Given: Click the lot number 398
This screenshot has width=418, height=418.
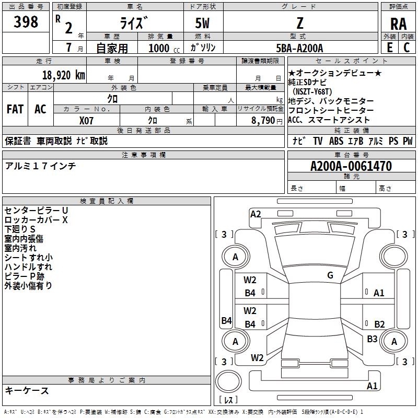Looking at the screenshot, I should coord(26,22).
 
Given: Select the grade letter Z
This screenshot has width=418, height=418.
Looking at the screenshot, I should coord(299,23).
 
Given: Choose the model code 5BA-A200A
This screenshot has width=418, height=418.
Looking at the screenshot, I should coord(299,48).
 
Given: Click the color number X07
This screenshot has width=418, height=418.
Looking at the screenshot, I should coord(87,120).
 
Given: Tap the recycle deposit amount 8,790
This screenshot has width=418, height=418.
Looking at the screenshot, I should coord(263,120).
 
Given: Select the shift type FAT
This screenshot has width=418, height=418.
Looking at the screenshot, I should coord(15,109).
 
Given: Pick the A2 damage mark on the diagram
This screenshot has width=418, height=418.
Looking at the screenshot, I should coord(256,214).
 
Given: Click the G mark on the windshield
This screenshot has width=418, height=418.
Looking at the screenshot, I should coord(330,275).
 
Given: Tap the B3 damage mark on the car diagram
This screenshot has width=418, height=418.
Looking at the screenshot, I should coord(372,339).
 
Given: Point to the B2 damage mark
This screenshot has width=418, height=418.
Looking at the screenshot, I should coord(379,324).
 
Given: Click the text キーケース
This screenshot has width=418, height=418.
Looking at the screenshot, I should coord(27,390).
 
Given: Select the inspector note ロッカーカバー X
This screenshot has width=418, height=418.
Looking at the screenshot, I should coord(36,220).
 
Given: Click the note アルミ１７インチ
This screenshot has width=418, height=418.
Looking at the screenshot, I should coord(40,166).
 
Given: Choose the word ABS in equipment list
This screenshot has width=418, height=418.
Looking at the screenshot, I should coord(336,141).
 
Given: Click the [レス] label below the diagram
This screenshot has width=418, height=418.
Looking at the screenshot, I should coord(228,401).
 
